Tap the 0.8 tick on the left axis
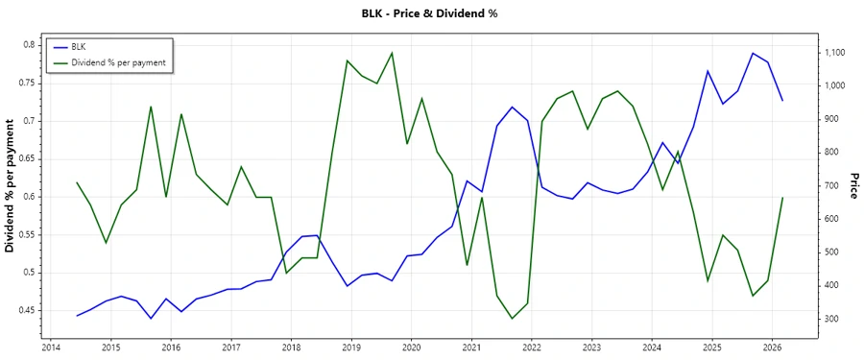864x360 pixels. coord(28,45)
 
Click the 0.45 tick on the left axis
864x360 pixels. coord(24,310)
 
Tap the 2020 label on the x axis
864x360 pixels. coord(411,348)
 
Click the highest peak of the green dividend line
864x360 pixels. coord(392,53)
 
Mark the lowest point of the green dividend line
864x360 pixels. coord(512,319)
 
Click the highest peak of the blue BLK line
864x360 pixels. coord(753,53)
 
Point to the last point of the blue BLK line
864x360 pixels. coord(782,100)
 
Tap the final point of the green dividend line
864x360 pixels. coord(782,198)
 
